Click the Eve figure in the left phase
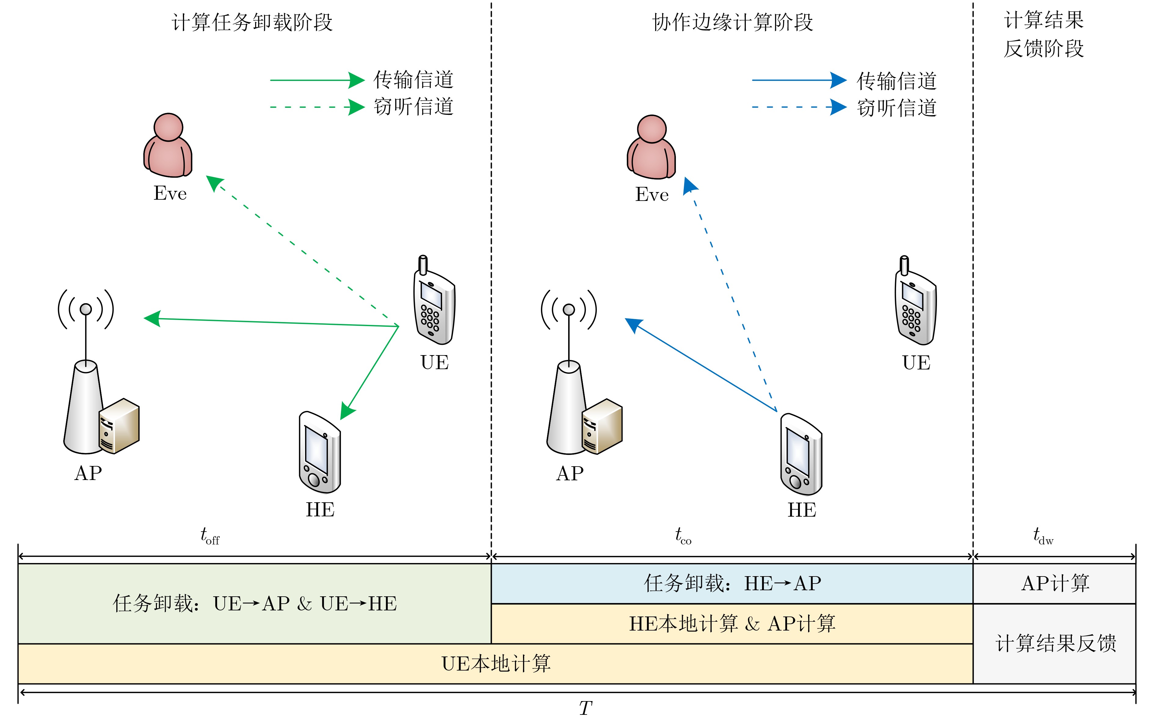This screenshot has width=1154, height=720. coord(168,145)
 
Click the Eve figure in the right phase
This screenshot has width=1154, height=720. coord(651,147)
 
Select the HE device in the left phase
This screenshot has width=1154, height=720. coord(319,453)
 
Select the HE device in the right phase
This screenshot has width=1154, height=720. coord(801,454)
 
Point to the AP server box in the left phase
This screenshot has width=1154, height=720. coord(119,425)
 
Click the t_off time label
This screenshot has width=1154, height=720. coord(209,536)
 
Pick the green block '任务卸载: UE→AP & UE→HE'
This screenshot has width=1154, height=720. coord(255,604)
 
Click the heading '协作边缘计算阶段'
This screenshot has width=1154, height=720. coord(732,22)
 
